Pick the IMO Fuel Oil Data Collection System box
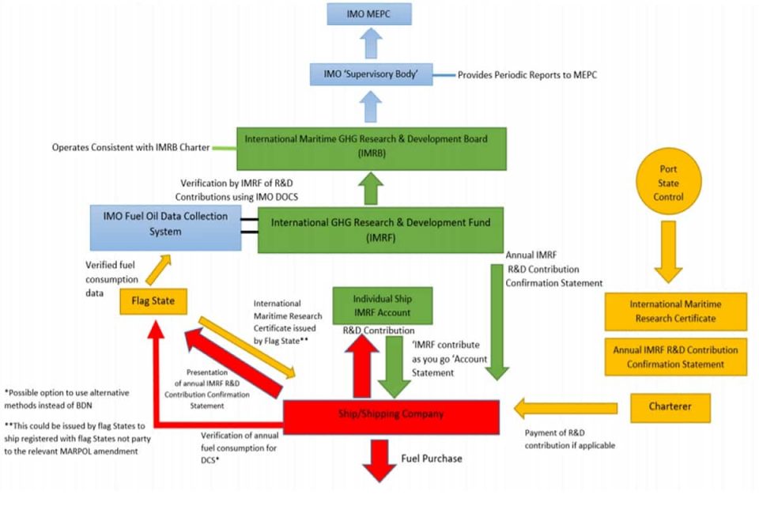tap(166, 225)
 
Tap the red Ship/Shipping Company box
tap(390, 414)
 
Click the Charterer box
tap(670, 407)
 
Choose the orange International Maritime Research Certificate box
tap(675, 311)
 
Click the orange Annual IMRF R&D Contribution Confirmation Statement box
tap(675, 357)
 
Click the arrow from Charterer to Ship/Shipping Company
tap(565, 409)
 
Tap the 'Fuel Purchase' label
tap(431, 459)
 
